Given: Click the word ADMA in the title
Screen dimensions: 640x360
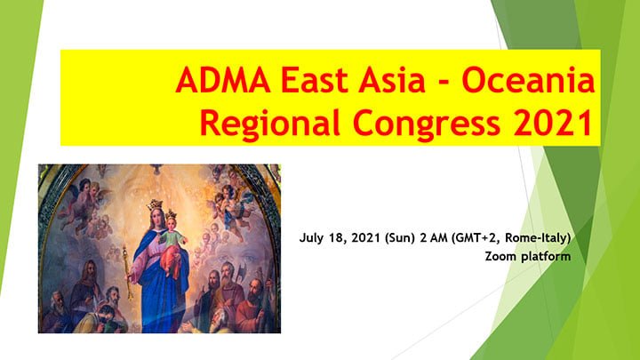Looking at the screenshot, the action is tap(223, 80).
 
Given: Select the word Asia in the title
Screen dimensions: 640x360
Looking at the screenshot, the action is tap(392, 80).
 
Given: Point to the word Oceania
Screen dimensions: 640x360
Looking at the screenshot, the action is tap(528, 80).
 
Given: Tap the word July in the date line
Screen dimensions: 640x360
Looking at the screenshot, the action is tap(311, 238).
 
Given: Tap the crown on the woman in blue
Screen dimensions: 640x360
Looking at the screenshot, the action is tap(155, 205).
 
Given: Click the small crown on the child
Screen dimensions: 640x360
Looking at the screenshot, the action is tap(171, 214).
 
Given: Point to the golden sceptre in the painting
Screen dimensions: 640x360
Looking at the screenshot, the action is tap(127, 273).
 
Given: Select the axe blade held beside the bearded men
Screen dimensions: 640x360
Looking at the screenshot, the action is tap(241, 270).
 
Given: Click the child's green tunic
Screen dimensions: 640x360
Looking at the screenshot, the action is tap(170, 237).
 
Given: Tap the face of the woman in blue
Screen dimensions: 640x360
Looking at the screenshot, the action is tap(156, 220).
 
